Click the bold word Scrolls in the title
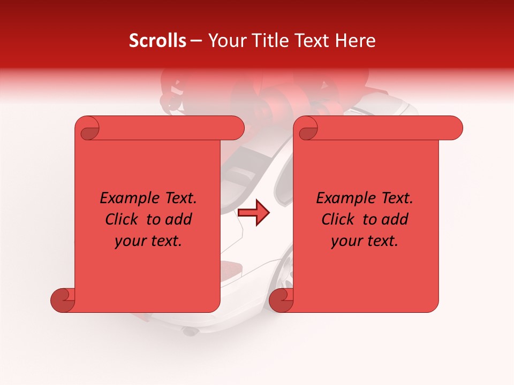[157, 41]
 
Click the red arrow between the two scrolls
[253, 213]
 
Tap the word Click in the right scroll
[338, 220]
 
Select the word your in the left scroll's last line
[130, 241]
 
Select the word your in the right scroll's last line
[346, 241]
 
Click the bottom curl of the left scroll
[63, 301]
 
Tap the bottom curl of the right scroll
[281, 301]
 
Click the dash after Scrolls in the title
[196, 41]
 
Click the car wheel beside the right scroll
[286, 273]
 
